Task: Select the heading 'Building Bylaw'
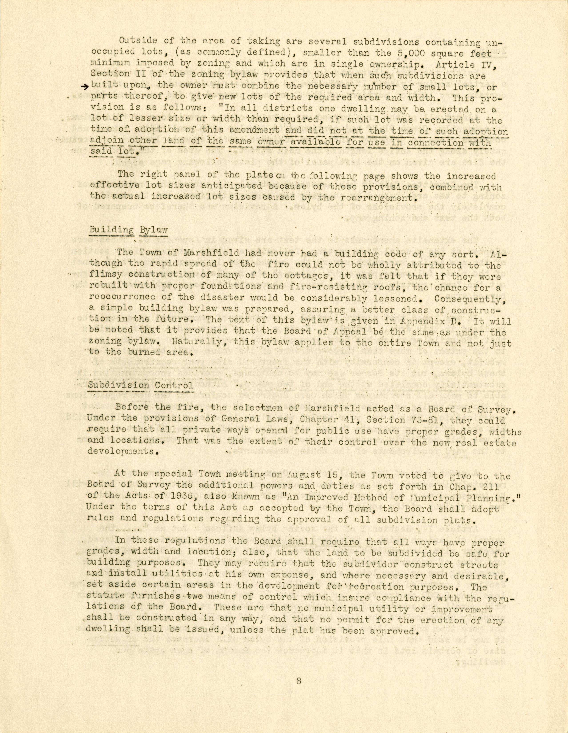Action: click(x=128, y=230)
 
